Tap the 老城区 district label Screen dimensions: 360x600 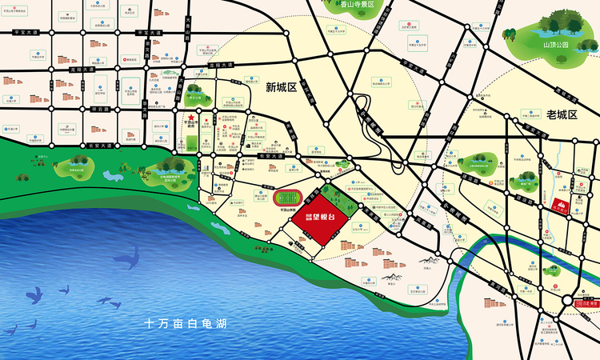562,115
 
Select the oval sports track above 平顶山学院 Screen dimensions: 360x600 286,197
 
